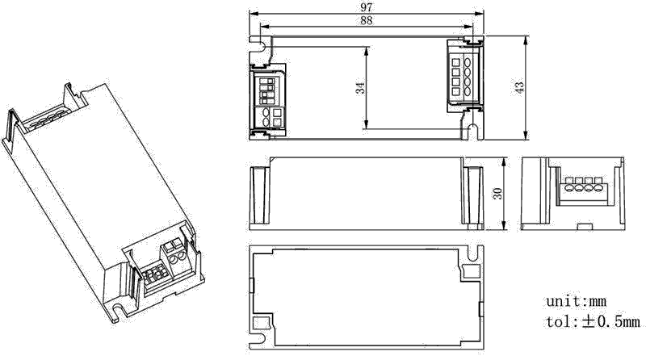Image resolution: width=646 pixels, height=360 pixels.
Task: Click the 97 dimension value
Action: coord(366,7)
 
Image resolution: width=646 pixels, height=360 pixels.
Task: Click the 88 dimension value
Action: coord(366,21)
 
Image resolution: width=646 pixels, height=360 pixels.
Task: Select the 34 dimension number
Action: coord(360,88)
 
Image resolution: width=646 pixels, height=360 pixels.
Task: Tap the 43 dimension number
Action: coord(519,88)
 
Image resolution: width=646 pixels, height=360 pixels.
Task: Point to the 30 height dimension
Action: coord(498,193)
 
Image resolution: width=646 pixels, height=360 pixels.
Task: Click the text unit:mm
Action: coord(576,301)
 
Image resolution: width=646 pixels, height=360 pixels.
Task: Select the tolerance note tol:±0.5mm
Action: coord(594,321)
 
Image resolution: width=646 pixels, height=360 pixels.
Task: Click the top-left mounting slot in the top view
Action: coord(261,44)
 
